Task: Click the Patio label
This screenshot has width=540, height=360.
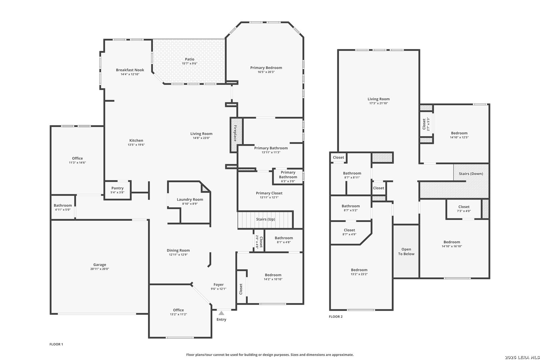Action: click(189, 59)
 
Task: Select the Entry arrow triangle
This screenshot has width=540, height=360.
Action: click(221, 313)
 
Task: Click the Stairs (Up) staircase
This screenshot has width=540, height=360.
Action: click(265, 219)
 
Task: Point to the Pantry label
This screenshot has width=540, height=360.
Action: click(117, 188)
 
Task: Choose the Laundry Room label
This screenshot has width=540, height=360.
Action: click(190, 199)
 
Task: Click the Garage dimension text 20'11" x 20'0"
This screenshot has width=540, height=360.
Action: click(100, 269)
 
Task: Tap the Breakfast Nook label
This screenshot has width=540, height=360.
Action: click(130, 70)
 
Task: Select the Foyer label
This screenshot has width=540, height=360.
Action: click(218, 285)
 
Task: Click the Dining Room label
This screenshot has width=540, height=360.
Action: click(178, 250)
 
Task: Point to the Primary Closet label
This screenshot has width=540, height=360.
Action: click(269, 193)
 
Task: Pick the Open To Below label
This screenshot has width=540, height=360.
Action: click(406, 251)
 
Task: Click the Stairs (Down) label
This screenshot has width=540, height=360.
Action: click(471, 174)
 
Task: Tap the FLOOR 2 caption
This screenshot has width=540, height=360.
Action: click(336, 317)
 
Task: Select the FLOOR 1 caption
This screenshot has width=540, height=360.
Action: click(56, 344)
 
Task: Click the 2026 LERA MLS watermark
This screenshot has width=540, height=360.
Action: click(522, 357)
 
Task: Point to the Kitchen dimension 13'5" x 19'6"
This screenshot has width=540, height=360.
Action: click(136, 145)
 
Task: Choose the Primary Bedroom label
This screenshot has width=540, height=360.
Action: click(266, 68)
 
